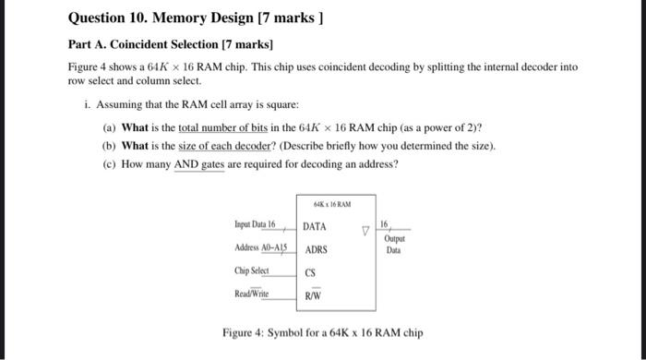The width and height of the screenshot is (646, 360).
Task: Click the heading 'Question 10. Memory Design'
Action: [162, 18]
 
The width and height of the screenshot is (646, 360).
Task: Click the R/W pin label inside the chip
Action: [314, 296]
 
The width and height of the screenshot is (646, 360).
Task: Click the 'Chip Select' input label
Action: [252, 270]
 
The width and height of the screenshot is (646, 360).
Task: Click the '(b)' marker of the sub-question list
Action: [109, 146]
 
